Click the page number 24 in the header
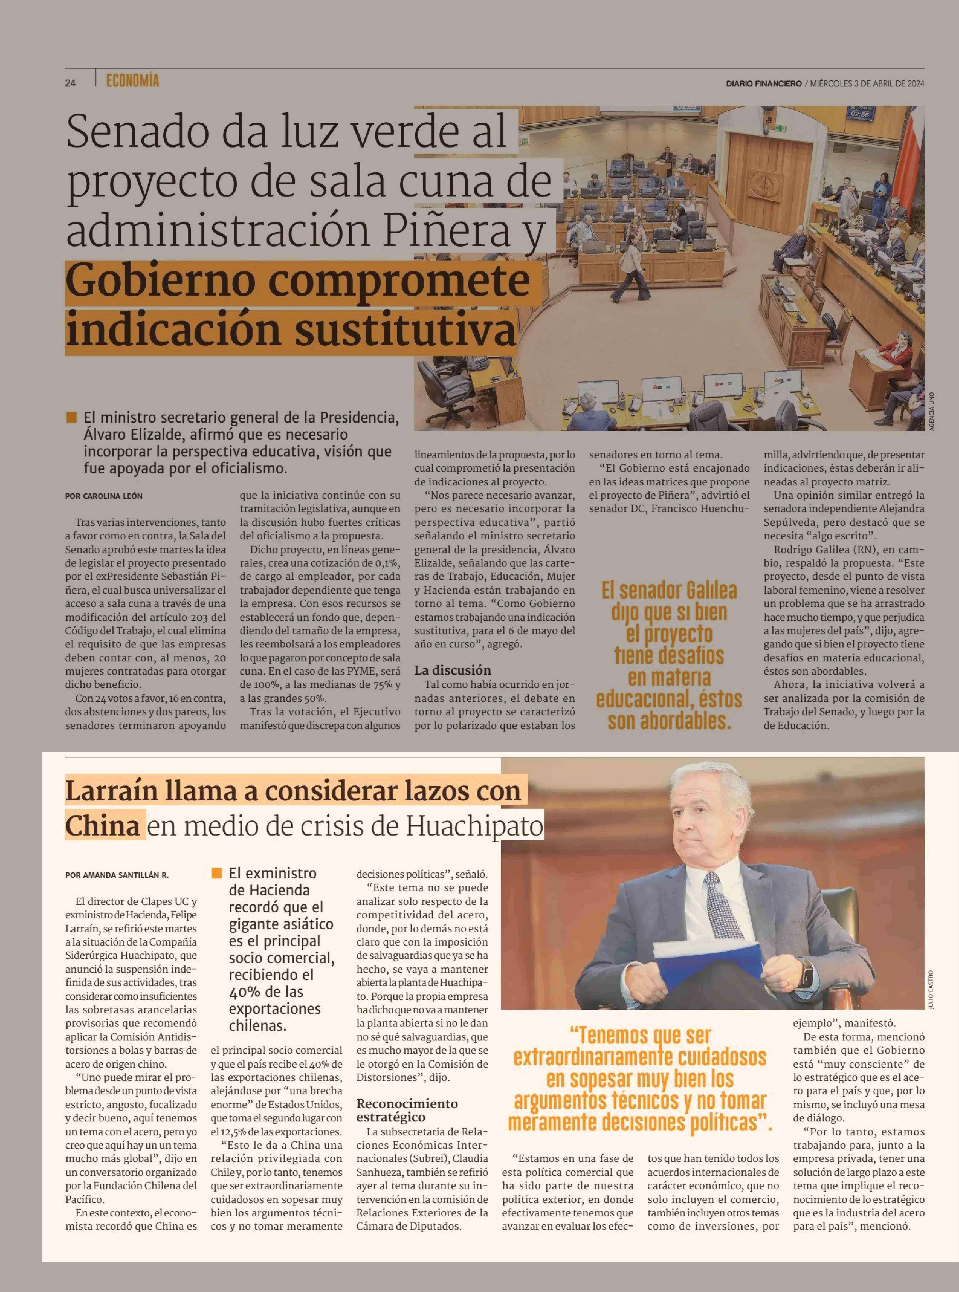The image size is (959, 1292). (x=70, y=83)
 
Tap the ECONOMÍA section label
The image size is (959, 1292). (x=132, y=81)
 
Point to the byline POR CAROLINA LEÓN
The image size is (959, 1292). (x=104, y=496)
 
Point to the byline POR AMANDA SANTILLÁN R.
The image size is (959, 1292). (x=117, y=874)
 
